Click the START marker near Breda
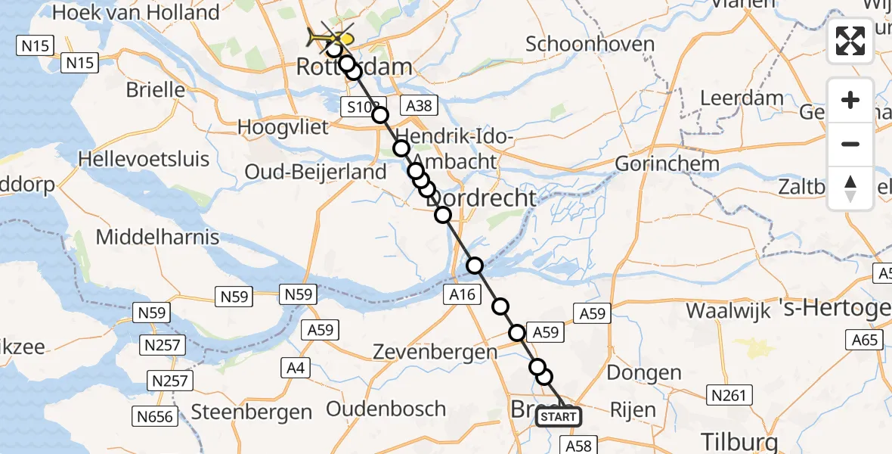559,416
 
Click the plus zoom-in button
850,101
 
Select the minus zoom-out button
850,144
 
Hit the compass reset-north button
850,188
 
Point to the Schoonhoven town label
590,44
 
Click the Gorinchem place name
667,163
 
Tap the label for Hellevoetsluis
151,160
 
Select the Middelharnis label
157,237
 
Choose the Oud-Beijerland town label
315,172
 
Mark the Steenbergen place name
252,412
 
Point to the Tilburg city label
739,440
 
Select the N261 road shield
728,394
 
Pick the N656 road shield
155,415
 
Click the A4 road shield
296,368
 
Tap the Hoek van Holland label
136,13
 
